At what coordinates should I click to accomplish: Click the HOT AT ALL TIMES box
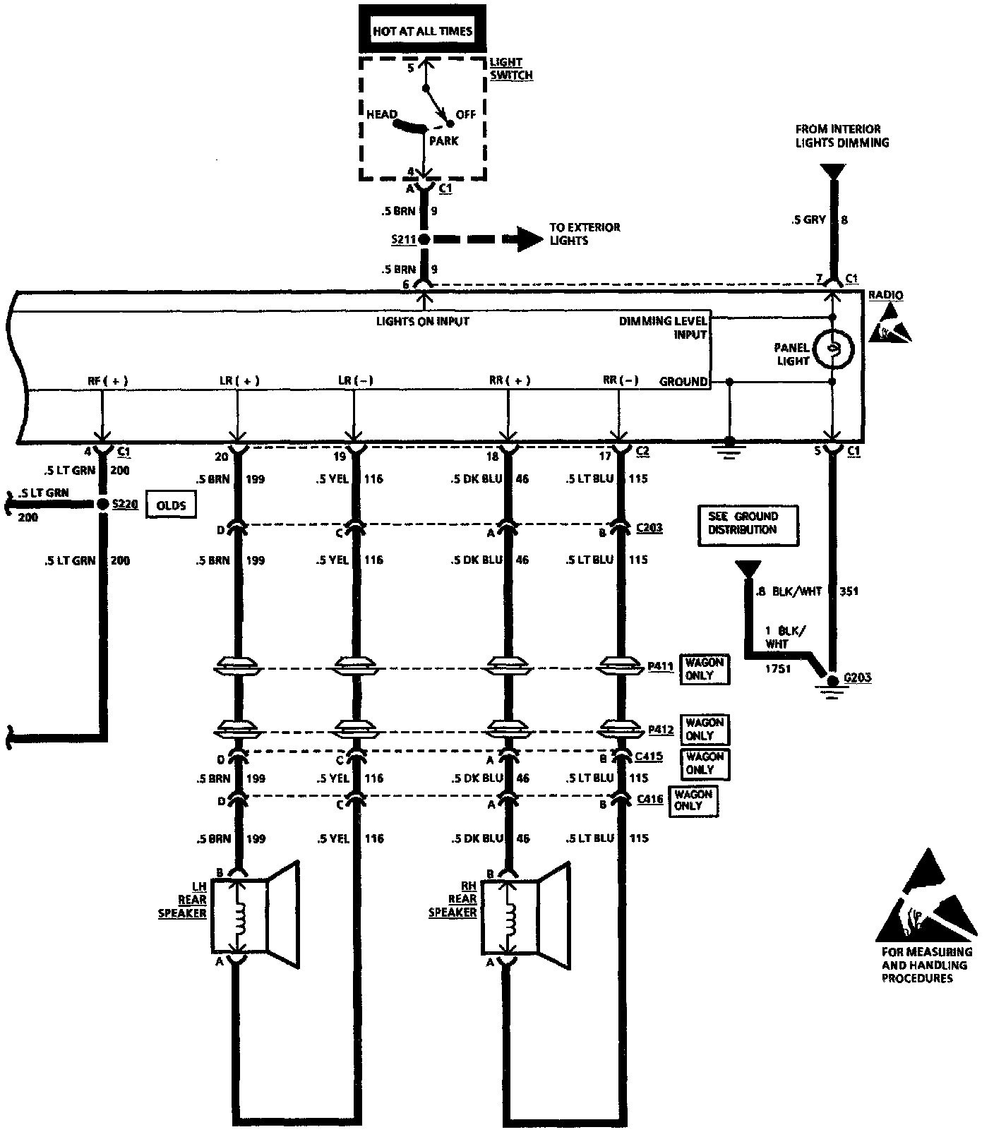pyautogui.click(x=422, y=32)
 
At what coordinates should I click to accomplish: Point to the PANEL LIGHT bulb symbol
pyautogui.click(x=833, y=348)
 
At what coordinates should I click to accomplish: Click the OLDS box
pyautogui.click(x=170, y=505)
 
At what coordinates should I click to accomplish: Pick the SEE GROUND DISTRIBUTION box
pyautogui.click(x=747, y=525)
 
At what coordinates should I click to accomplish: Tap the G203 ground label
pyautogui.click(x=858, y=678)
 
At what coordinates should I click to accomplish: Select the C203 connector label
pyautogui.click(x=649, y=528)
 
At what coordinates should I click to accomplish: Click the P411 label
pyautogui.click(x=660, y=666)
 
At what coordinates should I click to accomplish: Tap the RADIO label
pyautogui.click(x=885, y=295)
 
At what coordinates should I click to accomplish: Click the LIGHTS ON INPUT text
pyautogui.click(x=423, y=322)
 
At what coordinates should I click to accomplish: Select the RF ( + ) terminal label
pyautogui.click(x=107, y=381)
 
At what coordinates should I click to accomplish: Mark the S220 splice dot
pyautogui.click(x=102, y=504)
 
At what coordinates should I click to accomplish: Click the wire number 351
pyautogui.click(x=849, y=591)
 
